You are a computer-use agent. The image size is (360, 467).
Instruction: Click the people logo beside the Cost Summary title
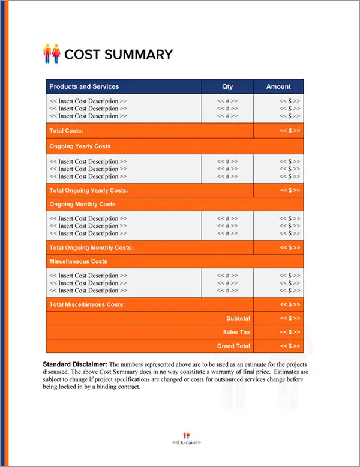[x=53, y=53]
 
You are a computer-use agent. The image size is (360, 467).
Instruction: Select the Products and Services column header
[x=84, y=86]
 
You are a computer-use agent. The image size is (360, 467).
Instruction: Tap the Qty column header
[x=227, y=86]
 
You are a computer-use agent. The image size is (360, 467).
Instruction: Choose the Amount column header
[x=278, y=86]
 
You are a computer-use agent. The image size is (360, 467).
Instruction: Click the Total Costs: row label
[x=66, y=131]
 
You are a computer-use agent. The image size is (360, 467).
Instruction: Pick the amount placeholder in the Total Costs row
[x=290, y=131]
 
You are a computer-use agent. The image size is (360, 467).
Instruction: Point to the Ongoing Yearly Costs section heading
[x=80, y=146]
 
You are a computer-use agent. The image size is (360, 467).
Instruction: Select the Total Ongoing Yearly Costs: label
[x=89, y=190]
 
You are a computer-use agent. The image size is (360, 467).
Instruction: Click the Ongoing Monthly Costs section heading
[x=82, y=205]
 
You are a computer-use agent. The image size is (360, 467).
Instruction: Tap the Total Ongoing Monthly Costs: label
[x=91, y=247]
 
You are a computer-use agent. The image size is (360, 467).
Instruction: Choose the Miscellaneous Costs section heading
[x=79, y=262]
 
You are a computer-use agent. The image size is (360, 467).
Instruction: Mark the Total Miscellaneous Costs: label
[x=87, y=305]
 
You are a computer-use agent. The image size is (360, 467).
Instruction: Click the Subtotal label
[x=238, y=318]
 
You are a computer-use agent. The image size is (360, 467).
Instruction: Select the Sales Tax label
[x=236, y=332]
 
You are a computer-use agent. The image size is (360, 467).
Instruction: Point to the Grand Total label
[x=233, y=346]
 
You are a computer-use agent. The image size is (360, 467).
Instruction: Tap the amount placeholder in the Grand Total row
[x=290, y=346]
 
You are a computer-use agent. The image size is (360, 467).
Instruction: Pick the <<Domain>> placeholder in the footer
[x=187, y=442]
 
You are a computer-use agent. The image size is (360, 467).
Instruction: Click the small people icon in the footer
[x=187, y=434]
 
